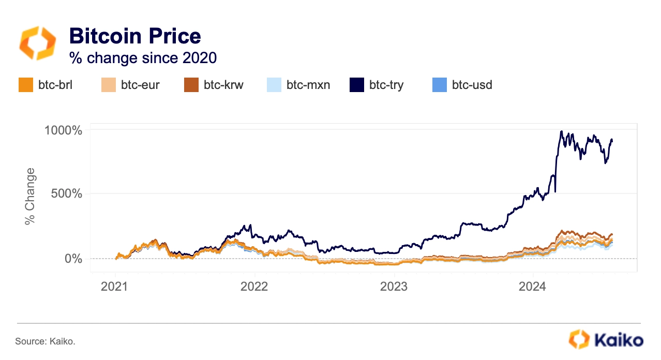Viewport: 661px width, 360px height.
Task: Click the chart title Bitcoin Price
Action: [x=135, y=36]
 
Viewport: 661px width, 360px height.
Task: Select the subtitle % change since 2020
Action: [x=143, y=57]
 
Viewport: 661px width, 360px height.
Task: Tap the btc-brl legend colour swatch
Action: [x=26, y=85]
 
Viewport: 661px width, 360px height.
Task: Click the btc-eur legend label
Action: [x=140, y=85]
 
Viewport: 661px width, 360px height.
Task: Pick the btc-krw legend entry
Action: [x=214, y=85]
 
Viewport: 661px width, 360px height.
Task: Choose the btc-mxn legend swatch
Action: [x=274, y=85]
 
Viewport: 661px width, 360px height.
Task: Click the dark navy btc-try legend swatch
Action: [x=357, y=85]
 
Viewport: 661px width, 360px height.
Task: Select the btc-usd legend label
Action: [x=472, y=85]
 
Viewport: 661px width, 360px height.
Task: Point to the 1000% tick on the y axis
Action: [x=63, y=130]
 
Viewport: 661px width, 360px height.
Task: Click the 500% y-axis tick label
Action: [x=66, y=193]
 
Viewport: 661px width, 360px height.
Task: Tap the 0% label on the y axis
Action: [x=73, y=259]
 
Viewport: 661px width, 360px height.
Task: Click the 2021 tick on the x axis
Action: [x=114, y=286]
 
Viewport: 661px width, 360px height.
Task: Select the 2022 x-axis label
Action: [x=254, y=286]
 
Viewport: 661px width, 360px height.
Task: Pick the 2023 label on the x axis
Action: [x=394, y=286]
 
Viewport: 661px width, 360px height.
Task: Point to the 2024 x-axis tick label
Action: [x=533, y=286]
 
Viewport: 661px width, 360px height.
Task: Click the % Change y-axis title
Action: [x=30, y=197]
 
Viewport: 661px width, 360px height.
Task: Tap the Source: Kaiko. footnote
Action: [x=45, y=341]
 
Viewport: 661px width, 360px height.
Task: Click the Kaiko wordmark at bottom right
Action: [x=619, y=340]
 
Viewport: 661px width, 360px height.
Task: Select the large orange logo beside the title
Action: [x=37, y=43]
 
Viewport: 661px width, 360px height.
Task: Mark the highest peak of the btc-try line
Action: [x=561, y=131]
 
